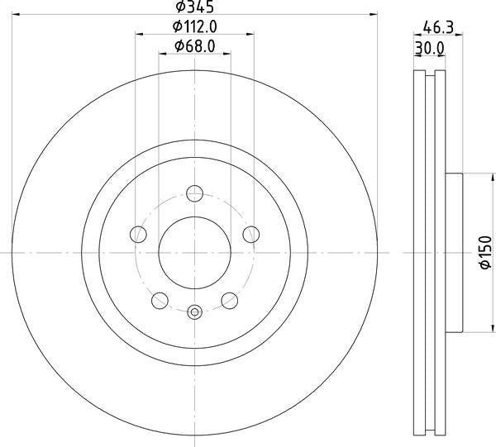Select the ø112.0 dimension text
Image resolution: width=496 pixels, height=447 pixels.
[x=195, y=27]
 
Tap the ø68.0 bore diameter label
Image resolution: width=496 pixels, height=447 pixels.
[x=195, y=47]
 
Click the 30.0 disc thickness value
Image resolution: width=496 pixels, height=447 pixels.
[x=429, y=48]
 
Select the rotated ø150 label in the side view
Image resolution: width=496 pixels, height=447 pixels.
[x=487, y=253]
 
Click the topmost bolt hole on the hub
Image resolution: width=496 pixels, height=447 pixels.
[x=195, y=193]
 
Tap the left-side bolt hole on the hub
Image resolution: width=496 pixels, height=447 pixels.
[x=139, y=235]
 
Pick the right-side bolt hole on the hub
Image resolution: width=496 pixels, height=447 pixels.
[x=250, y=235]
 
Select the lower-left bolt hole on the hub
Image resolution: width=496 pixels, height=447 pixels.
[x=160, y=300]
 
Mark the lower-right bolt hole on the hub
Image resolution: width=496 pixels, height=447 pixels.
[x=229, y=300]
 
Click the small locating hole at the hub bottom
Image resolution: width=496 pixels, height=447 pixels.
[x=195, y=311]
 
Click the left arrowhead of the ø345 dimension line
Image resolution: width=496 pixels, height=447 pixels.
[x=17, y=15]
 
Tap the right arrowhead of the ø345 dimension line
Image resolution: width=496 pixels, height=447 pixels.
[x=374, y=15]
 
